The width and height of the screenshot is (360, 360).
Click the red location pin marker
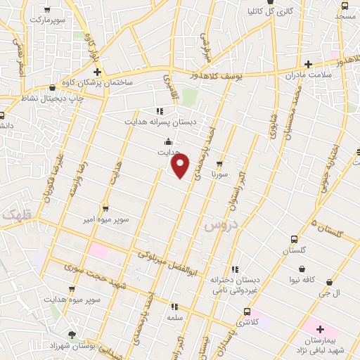(x=181, y=166)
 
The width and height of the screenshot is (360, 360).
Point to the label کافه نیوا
(x=319, y=279)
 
